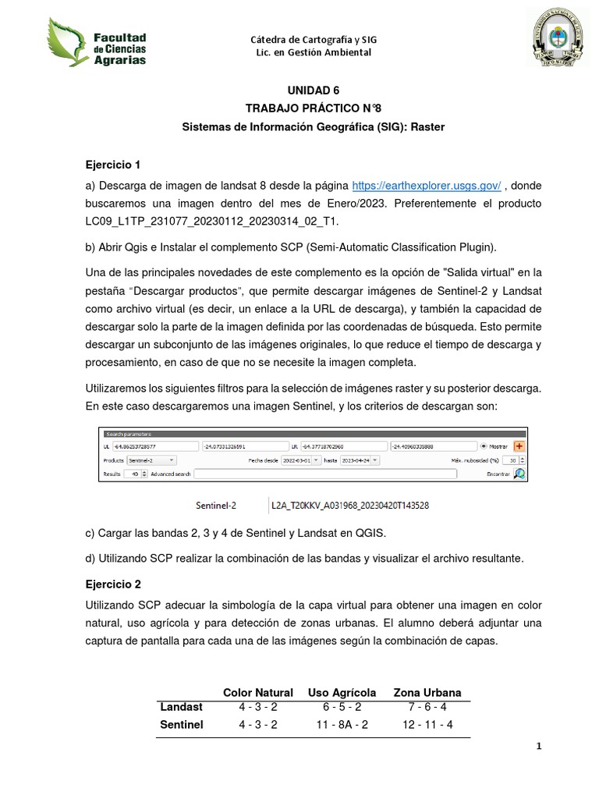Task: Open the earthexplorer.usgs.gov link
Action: pyautogui.click(x=426, y=186)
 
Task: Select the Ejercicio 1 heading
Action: pyautogui.click(x=112, y=165)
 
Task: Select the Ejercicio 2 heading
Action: pyautogui.click(x=112, y=584)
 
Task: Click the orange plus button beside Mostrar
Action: pyautogui.click(x=518, y=446)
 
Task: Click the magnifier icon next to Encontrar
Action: pyautogui.click(x=519, y=474)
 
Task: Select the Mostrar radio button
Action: pyautogui.click(x=484, y=447)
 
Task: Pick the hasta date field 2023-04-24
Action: pyautogui.click(x=359, y=460)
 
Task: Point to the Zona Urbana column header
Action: pyautogui.click(x=427, y=693)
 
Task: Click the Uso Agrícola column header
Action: pyautogui.click(x=342, y=693)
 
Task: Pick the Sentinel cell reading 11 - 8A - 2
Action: pyautogui.click(x=342, y=725)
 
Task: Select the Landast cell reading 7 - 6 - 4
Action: pyautogui.click(x=427, y=707)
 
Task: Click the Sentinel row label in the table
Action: pyautogui.click(x=182, y=725)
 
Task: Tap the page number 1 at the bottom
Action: pyautogui.click(x=538, y=747)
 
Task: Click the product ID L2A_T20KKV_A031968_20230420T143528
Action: pyautogui.click(x=349, y=505)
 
